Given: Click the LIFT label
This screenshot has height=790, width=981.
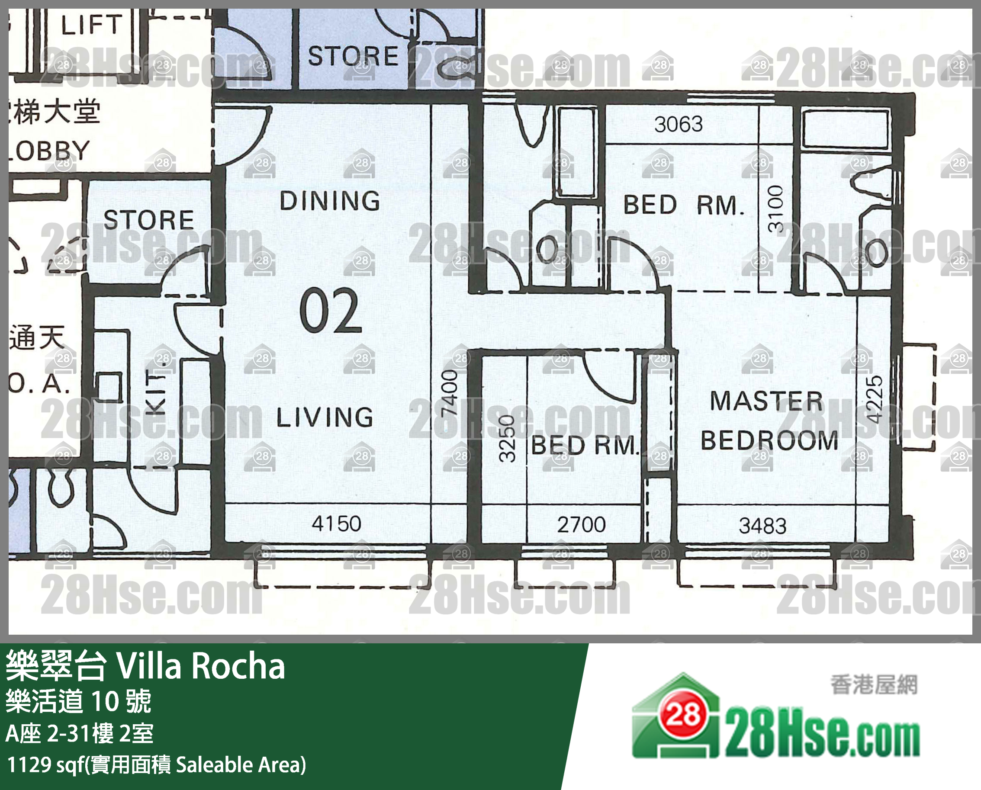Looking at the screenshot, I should pyautogui.click(x=91, y=25).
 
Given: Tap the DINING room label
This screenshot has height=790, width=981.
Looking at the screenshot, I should pyautogui.click(x=330, y=201).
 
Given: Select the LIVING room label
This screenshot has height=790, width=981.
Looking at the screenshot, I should pyautogui.click(x=325, y=417).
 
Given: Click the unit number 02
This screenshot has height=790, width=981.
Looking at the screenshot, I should pyautogui.click(x=331, y=311).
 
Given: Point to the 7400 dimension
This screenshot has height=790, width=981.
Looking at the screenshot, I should pyautogui.click(x=449, y=393).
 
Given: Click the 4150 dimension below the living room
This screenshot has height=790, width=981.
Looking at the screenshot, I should pyautogui.click(x=336, y=524).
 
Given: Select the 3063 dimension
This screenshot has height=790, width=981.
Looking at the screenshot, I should pyautogui.click(x=678, y=124).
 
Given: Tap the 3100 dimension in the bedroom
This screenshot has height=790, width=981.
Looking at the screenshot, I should pyautogui.click(x=776, y=209).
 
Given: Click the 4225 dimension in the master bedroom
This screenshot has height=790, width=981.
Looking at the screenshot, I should pyautogui.click(x=874, y=399).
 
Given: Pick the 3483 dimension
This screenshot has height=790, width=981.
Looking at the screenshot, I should pyautogui.click(x=762, y=526).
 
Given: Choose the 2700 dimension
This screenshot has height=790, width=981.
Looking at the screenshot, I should pyautogui.click(x=581, y=525).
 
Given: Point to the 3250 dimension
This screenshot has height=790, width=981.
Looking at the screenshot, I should pyautogui.click(x=507, y=438).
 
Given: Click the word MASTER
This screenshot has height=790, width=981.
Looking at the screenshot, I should pyautogui.click(x=767, y=401).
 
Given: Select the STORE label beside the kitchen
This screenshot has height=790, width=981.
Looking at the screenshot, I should pyautogui.click(x=149, y=220).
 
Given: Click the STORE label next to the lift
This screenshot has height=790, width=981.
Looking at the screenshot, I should pyautogui.click(x=353, y=56).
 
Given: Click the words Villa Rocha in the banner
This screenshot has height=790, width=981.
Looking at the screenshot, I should pyautogui.click(x=201, y=666).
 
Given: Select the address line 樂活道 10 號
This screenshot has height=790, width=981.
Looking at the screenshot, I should pyautogui.click(x=78, y=701).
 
